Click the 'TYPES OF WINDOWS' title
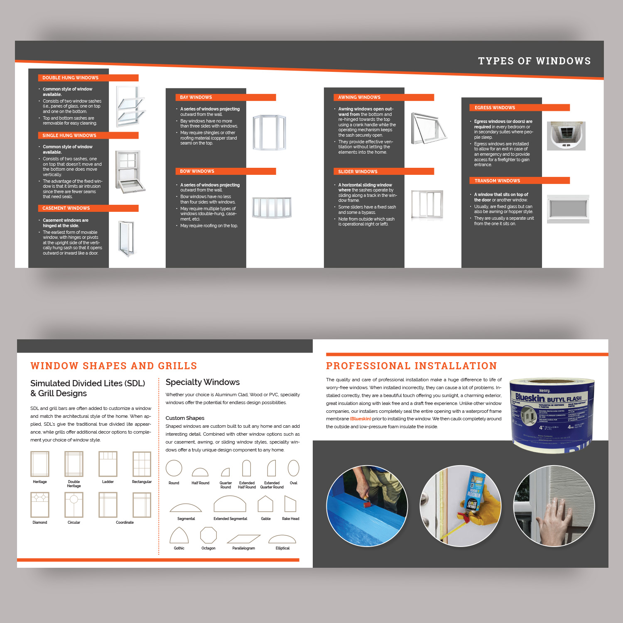[534, 61]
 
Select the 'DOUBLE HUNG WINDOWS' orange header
[88, 78]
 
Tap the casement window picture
[127, 239]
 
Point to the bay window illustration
[269, 132]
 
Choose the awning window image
[428, 128]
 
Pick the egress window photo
[566, 136]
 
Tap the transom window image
[568, 208]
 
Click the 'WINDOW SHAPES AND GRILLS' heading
[114, 366]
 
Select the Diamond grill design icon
[40, 505]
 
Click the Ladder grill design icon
[108, 464]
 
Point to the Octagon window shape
[208, 535]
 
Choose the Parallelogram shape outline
[243, 539]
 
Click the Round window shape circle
[174, 468]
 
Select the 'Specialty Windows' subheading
[203, 382]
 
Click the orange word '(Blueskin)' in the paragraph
[361, 419]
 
